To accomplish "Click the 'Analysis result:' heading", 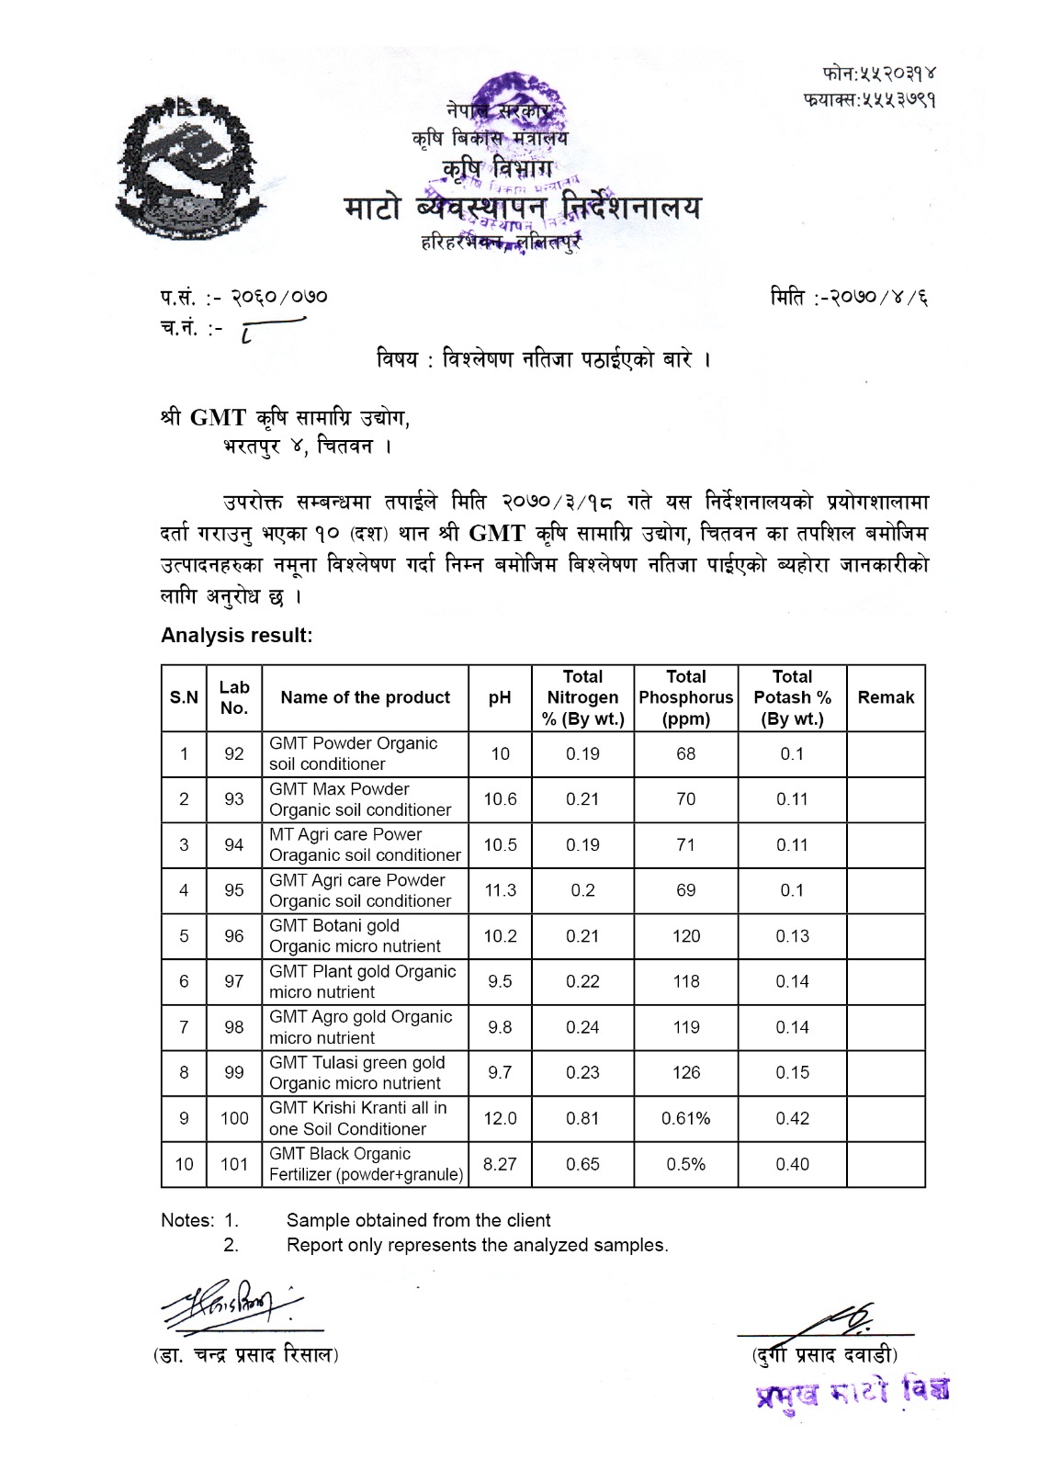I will pyautogui.click(x=236, y=635).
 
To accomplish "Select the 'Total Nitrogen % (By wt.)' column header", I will pyautogui.click(x=582, y=697).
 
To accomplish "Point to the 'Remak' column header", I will pyautogui.click(x=886, y=697).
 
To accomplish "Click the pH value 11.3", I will pyautogui.click(x=500, y=890).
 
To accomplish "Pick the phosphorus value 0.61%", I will pyautogui.click(x=685, y=1118).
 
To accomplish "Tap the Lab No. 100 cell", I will pyautogui.click(x=234, y=1118).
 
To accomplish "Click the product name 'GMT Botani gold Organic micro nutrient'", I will pyautogui.click(x=355, y=935).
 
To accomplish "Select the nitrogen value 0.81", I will pyautogui.click(x=582, y=1118).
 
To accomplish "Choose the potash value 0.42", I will pyautogui.click(x=792, y=1118).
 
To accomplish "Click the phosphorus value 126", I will pyautogui.click(x=685, y=1072).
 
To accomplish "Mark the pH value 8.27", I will pyautogui.click(x=500, y=1164).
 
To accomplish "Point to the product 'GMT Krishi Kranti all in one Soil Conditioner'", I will pyautogui.click(x=357, y=1118).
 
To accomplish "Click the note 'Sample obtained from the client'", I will pyautogui.click(x=418, y=1220).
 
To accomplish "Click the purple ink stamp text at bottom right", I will pyautogui.click(x=852, y=1391).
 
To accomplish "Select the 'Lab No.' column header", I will pyautogui.click(x=234, y=697).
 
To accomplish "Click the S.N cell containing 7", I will pyautogui.click(x=184, y=1027).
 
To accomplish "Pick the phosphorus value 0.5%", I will pyautogui.click(x=685, y=1164).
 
